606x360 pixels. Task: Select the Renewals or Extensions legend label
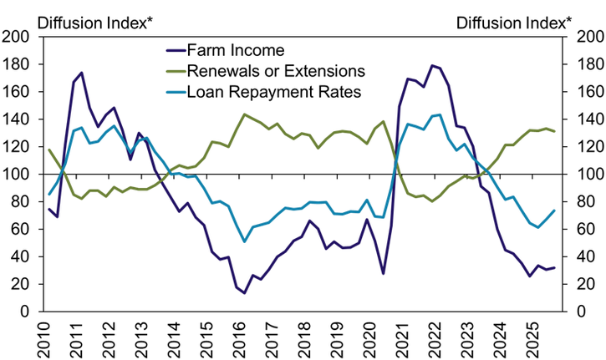tap(278, 71)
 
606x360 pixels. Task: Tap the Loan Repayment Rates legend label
tap(274, 92)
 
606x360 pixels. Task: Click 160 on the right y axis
tap(586, 64)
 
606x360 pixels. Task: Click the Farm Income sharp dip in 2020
tap(383, 273)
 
